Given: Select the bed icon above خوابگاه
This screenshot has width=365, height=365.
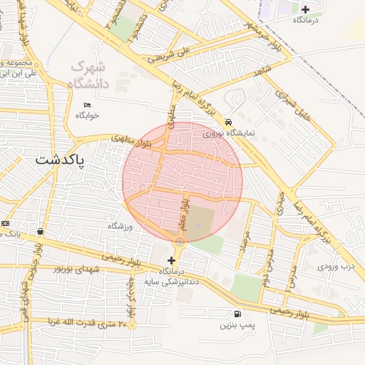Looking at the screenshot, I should [88, 105].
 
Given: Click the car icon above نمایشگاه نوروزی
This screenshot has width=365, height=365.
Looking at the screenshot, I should [228, 122].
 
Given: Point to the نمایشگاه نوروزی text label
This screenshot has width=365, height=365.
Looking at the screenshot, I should [228, 133].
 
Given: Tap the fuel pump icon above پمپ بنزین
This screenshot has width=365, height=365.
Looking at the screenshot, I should [237, 314].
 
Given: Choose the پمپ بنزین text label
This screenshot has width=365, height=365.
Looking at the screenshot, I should [237, 325].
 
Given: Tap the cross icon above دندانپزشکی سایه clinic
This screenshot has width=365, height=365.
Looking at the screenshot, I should [171, 261].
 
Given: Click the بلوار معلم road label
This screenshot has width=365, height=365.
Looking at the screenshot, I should [185, 214].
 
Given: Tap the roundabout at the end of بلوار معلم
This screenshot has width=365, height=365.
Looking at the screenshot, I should [180, 243].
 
